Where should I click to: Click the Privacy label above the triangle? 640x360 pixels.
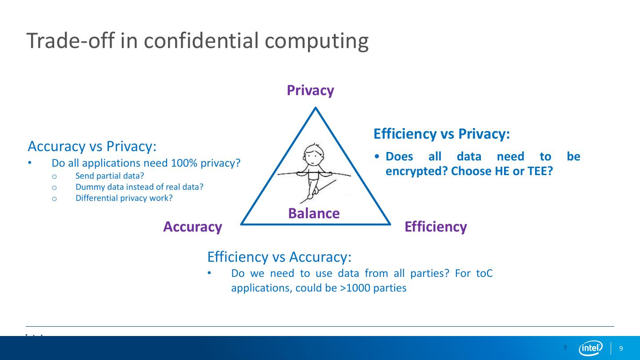(x=310, y=90)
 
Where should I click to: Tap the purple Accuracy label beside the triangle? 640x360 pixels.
(x=192, y=227)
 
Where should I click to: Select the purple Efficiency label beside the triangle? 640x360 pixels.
(x=436, y=227)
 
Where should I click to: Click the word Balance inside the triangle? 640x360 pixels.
(x=314, y=213)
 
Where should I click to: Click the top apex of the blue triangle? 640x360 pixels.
(x=316, y=108)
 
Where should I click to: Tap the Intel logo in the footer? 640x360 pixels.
(x=590, y=348)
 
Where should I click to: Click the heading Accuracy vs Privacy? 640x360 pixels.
(x=92, y=146)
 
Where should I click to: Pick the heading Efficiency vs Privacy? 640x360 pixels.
(x=441, y=134)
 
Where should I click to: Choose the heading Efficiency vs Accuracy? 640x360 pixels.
(x=279, y=256)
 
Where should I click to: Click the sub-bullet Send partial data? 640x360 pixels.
(x=110, y=176)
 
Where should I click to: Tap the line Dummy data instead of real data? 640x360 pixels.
(x=139, y=187)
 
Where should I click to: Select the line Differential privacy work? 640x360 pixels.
(x=124, y=198)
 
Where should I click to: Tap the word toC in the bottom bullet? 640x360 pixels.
(x=484, y=273)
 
